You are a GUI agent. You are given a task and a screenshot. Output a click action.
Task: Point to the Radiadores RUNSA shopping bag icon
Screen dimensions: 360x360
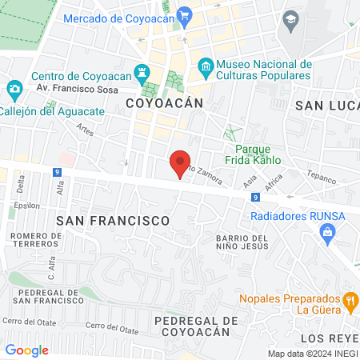[326, 232]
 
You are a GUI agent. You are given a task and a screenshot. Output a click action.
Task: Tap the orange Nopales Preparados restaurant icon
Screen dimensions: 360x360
[350, 301]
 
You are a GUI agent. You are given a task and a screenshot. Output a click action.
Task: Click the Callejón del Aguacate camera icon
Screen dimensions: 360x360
[14, 88]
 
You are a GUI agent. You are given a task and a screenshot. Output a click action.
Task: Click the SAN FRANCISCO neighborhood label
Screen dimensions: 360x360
[112, 218]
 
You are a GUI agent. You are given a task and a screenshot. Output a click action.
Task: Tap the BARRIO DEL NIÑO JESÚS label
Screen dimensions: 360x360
[252, 243]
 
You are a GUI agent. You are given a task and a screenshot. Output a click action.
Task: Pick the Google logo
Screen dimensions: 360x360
[26, 350]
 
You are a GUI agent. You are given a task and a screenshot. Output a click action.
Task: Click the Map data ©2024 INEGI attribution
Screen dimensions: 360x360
[311, 354]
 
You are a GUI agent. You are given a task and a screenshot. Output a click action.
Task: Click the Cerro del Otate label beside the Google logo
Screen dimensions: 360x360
[23, 321]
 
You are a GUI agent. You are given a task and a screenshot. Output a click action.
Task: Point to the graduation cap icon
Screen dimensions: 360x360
[290, 20]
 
